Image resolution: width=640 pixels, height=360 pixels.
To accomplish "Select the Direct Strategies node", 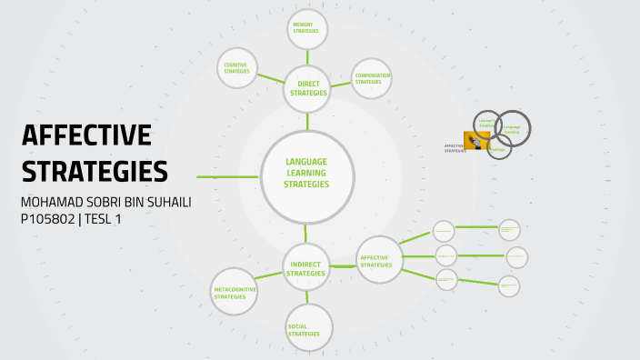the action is pos(307,88).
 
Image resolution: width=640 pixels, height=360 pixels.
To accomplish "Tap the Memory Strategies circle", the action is pos(306,30).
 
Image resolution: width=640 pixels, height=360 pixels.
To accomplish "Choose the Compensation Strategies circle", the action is pos(372,79).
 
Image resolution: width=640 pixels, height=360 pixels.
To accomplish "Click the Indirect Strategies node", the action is pos(305,268).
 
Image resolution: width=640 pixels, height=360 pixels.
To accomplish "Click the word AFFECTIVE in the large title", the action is pos(85,135).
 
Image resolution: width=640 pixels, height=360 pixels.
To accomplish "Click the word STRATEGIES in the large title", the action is pos(94,171).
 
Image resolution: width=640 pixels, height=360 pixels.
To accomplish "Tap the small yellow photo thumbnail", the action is pos(477,141).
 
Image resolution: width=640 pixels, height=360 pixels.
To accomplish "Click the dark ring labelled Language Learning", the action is pos(512,129).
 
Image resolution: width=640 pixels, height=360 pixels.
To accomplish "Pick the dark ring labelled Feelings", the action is pos(498,147).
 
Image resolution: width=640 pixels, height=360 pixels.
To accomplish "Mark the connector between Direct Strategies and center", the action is pos(307,119).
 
